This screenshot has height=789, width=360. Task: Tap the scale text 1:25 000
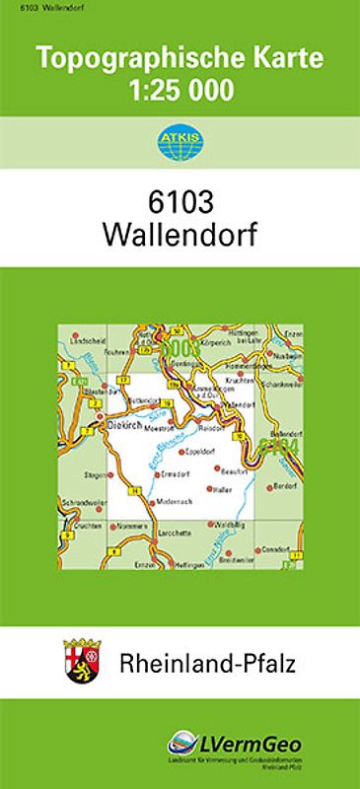[x=180, y=92]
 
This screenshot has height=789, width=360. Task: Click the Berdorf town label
[x=284, y=484]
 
